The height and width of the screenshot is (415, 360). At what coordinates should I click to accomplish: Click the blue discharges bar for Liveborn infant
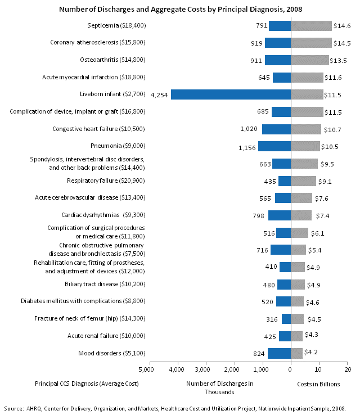tap(231, 94)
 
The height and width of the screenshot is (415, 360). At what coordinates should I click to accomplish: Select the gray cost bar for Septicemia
tap(311, 26)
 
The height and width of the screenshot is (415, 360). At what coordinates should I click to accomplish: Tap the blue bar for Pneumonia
tap(274, 146)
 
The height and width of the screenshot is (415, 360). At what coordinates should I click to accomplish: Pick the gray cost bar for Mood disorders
tap(296, 353)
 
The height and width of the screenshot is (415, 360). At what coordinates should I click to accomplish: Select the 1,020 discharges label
tap(249, 129)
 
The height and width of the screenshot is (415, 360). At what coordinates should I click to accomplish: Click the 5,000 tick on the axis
tap(146, 370)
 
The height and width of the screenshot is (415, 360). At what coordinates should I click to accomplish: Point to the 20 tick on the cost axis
tap(348, 370)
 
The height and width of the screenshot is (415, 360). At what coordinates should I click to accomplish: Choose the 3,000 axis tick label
tap(203, 370)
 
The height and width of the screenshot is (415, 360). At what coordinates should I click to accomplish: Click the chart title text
tap(179, 9)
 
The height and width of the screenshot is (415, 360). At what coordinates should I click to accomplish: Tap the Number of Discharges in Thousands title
tap(219, 387)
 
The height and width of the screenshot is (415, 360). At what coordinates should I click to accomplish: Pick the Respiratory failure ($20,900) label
tap(106, 181)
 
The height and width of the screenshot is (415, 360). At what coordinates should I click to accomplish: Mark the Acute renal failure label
tap(112, 336)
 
